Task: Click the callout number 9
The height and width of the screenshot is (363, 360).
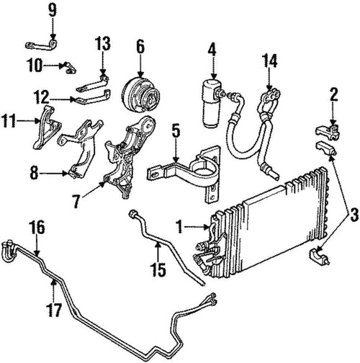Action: pyautogui.click(x=53, y=10)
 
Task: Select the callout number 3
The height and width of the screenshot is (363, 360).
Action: pyautogui.click(x=354, y=215)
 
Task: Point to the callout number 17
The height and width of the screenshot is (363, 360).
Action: pyautogui.click(x=55, y=310)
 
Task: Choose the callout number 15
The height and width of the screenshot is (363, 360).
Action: pyautogui.click(x=158, y=269)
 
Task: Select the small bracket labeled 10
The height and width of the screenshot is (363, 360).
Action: pyautogui.click(x=69, y=68)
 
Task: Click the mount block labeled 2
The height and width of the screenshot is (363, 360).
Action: pyautogui.click(x=328, y=132)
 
